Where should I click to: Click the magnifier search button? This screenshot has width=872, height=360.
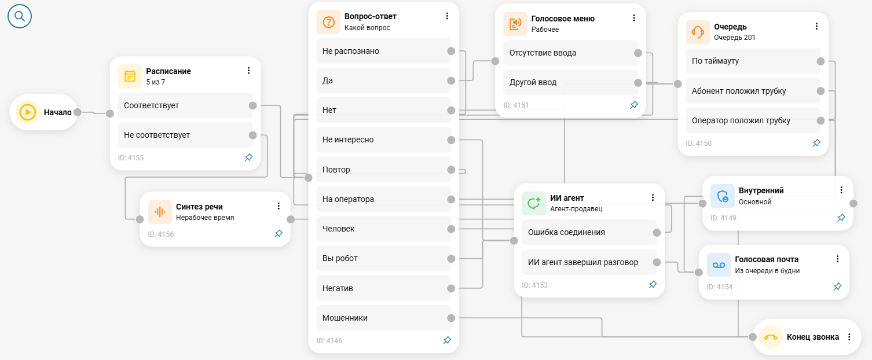click(20, 16)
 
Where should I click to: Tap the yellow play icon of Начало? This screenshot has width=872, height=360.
click(28, 112)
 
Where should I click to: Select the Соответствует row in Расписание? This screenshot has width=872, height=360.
click(185, 105)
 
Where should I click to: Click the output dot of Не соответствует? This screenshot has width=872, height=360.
click(252, 135)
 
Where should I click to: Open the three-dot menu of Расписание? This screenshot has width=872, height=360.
click(249, 71)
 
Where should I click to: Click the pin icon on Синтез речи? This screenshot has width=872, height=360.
click(279, 233)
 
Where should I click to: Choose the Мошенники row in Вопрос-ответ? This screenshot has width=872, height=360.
click(384, 318)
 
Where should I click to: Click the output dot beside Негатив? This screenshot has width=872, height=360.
click(451, 288)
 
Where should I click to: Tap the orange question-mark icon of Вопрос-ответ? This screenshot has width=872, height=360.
click(328, 22)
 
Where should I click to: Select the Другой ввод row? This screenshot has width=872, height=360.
click(571, 83)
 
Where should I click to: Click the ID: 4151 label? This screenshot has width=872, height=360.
click(516, 105)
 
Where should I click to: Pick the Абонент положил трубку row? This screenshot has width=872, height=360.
click(753, 91)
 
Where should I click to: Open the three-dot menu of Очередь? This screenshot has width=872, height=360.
click(816, 26)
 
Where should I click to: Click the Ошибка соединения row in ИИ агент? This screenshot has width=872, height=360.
click(589, 232)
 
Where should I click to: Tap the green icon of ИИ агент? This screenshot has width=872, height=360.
click(534, 203)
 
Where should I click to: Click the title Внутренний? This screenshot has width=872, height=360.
click(761, 190)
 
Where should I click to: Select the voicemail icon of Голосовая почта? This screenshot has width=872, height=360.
click(719, 265)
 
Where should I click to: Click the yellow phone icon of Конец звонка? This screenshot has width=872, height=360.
click(771, 337)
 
